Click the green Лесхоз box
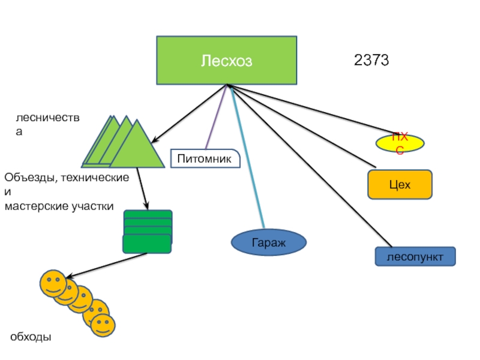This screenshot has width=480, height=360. (x=226, y=60)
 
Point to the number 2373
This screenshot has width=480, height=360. (x=372, y=60)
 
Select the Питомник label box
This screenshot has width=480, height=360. (x=205, y=158)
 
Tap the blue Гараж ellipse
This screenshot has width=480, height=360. (x=269, y=242)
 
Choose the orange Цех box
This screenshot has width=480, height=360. (x=400, y=184)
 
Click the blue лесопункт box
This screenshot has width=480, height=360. (x=415, y=257)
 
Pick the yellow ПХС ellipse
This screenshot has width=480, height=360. (x=400, y=143)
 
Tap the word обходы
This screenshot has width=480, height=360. (x=31, y=337)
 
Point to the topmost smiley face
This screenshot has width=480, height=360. (x=53, y=283)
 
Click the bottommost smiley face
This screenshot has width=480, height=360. (x=102, y=325)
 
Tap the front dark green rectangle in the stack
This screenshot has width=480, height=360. (x=147, y=244)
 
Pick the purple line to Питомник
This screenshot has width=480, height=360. (x=217, y=117)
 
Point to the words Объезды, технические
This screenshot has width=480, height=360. (x=66, y=178)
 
